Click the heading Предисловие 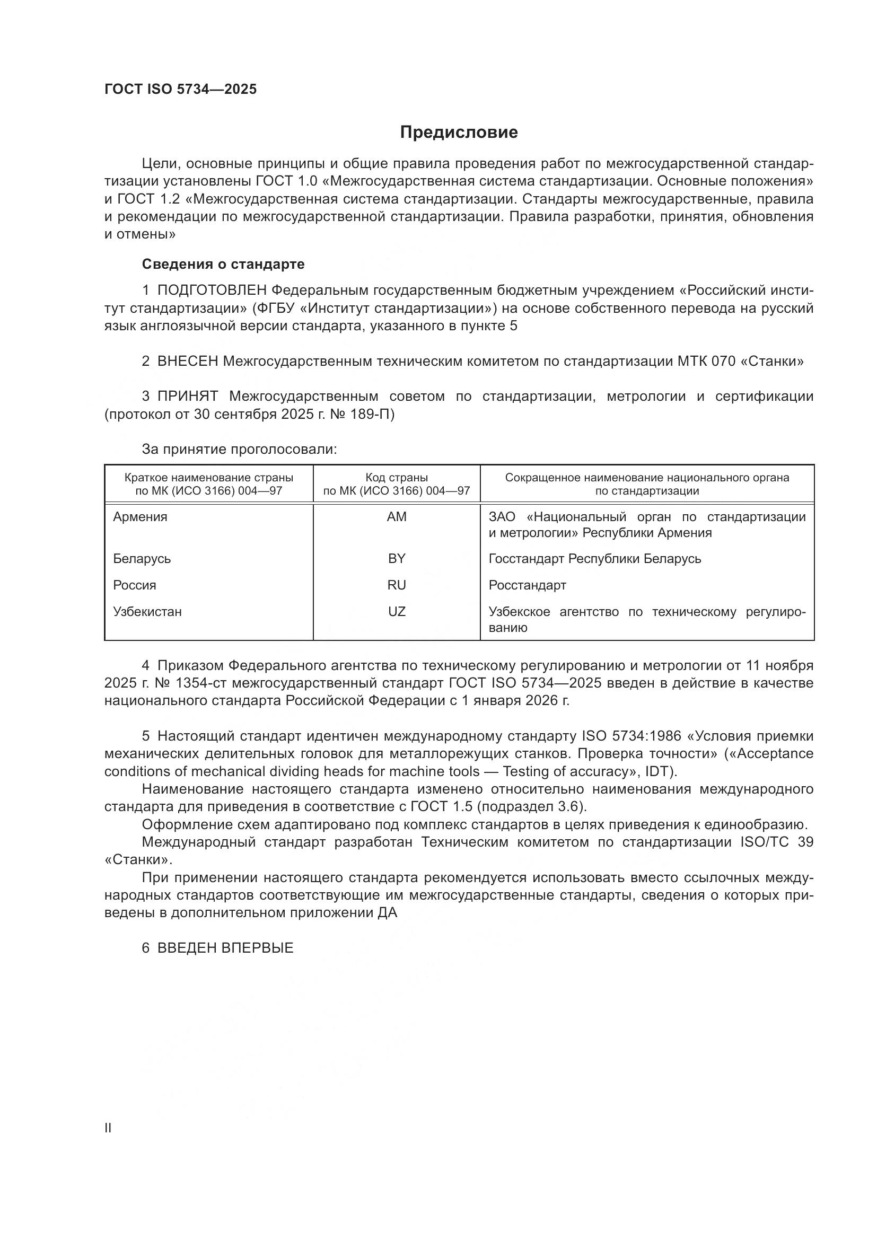[459, 133]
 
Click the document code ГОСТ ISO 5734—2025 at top [180, 90]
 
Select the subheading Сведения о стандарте [223, 264]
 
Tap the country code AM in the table [397, 517]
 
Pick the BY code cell [397, 558]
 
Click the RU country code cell [397, 585]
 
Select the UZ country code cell [397, 611]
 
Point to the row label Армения [140, 517]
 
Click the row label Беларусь [142, 558]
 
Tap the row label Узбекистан [147, 611]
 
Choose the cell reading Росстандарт [527, 585]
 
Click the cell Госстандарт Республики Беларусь [594, 558]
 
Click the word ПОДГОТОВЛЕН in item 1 [212, 291]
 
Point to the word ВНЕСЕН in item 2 [187, 362]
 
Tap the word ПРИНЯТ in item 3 [187, 397]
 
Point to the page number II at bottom [108, 1128]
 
